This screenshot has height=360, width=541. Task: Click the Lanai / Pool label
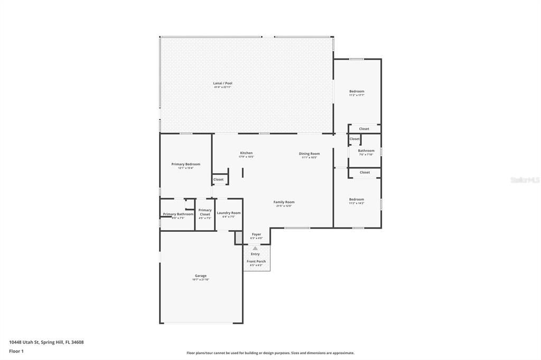[x=222, y=83]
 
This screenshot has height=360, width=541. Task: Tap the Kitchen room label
[x=246, y=153]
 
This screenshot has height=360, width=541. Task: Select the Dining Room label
[x=309, y=154]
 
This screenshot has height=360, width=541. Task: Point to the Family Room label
[x=284, y=202]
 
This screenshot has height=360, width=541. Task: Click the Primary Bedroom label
[x=185, y=164]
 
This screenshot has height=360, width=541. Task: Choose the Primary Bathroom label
[x=178, y=214]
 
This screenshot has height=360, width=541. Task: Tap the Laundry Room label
[x=229, y=213]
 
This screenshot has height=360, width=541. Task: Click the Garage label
[x=201, y=276]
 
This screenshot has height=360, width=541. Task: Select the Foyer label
[x=256, y=234]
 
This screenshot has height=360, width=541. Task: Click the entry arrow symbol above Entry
[x=255, y=248]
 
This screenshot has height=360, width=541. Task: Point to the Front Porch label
[x=256, y=261]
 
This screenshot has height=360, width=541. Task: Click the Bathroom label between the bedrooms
[x=366, y=151]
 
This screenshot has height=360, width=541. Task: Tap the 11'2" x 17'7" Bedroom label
[x=357, y=91]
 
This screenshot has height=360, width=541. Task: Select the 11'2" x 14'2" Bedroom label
[x=357, y=200]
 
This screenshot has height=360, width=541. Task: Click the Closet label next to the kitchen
[x=218, y=179]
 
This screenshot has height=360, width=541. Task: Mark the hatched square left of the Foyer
[x=238, y=238]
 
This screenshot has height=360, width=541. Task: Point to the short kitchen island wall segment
[x=242, y=173]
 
